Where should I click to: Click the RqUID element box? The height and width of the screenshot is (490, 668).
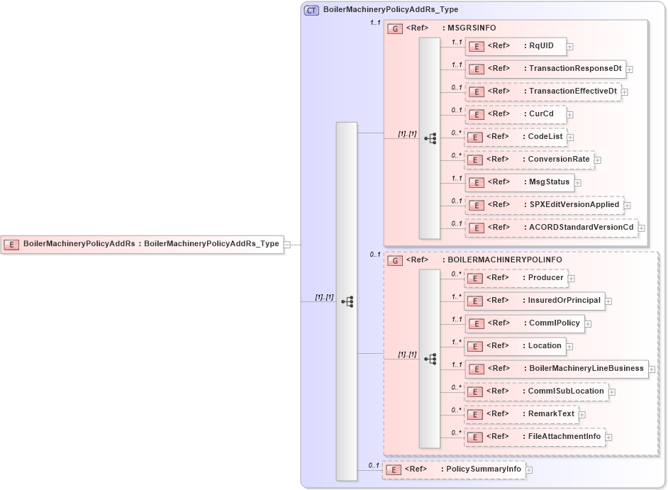coord(515,47)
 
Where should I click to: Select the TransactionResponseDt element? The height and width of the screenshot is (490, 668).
coord(545,69)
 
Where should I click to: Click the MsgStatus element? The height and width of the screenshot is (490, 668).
coord(519,182)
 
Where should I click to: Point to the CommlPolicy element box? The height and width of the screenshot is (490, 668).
coord(524,323)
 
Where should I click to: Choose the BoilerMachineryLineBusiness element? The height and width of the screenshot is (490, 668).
coord(556,369)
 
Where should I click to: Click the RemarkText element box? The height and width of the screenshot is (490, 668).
coord(521,414)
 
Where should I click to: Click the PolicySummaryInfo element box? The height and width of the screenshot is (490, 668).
coord(453,469)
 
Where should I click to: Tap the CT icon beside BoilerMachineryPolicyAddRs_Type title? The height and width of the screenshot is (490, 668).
coord(311,10)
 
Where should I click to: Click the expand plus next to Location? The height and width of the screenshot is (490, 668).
coord(570,347)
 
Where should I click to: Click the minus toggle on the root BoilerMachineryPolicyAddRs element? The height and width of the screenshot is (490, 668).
coord(287,245)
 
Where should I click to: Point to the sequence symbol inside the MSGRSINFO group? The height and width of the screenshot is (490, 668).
coord(430,139)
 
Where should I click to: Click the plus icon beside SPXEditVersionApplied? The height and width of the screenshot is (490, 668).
coord(628,205)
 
